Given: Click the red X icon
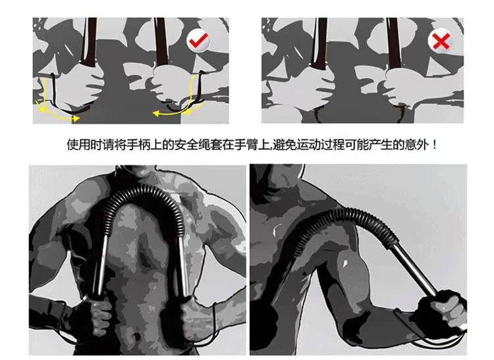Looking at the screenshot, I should (x=440, y=42).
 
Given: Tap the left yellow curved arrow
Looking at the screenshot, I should (x=53, y=103).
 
